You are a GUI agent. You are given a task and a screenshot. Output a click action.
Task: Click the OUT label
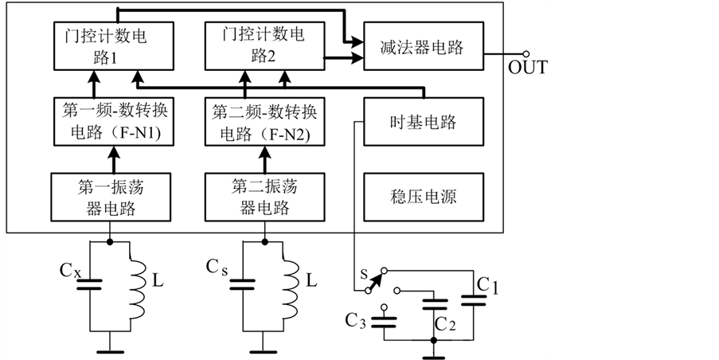(x=526, y=66)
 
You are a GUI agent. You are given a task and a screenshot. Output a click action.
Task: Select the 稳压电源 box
(x=423, y=197)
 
